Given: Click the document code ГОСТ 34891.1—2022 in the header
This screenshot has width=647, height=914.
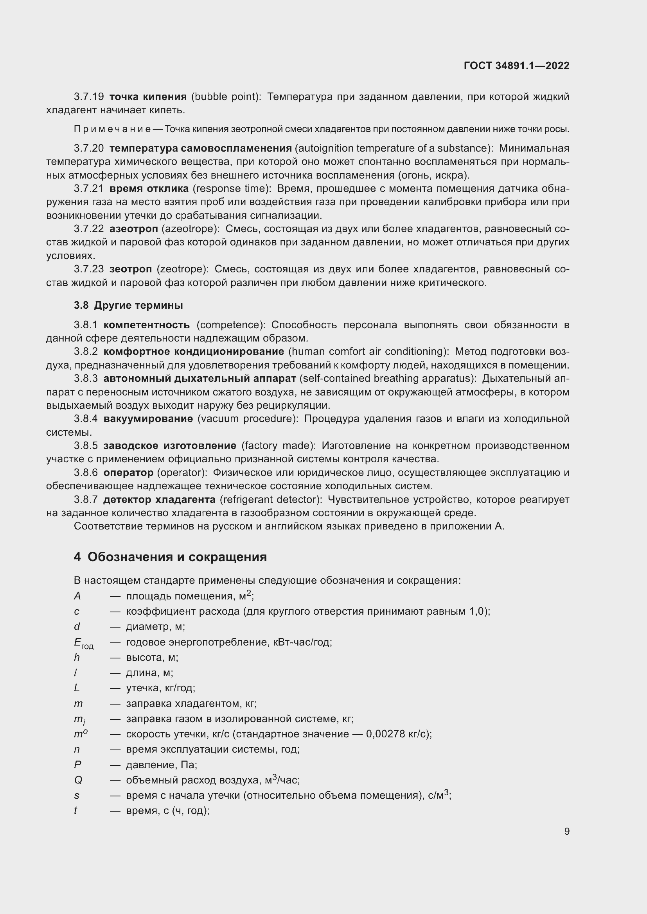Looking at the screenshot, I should [x=516, y=66].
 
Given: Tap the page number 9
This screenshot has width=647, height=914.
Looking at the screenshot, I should [x=566, y=832].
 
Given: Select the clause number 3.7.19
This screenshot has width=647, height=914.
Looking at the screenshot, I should [x=88, y=97].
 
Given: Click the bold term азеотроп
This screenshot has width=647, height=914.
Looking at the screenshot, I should [x=133, y=229].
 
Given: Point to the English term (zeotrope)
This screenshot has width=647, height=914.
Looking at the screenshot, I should [x=182, y=270].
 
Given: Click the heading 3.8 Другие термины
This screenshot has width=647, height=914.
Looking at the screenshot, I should [x=128, y=305].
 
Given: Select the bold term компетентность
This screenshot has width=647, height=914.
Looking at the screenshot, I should [x=146, y=325].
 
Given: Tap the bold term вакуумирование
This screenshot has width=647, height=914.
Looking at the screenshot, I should [x=148, y=419].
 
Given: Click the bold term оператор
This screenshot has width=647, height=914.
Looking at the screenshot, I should [x=128, y=473].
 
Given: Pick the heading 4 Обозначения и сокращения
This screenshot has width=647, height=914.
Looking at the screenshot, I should [x=170, y=557].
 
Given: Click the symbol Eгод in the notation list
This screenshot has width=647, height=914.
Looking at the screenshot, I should [x=83, y=643].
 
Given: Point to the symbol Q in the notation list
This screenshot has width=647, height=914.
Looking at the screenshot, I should [x=78, y=780].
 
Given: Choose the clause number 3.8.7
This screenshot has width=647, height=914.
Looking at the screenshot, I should [x=86, y=500].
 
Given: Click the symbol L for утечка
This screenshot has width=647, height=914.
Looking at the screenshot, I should [x=77, y=688].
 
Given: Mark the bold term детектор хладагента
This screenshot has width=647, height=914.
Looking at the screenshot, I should [x=159, y=500].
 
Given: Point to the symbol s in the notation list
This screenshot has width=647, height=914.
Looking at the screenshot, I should [x=77, y=796].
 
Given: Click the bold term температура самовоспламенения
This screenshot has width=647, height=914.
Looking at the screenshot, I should [x=200, y=148].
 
